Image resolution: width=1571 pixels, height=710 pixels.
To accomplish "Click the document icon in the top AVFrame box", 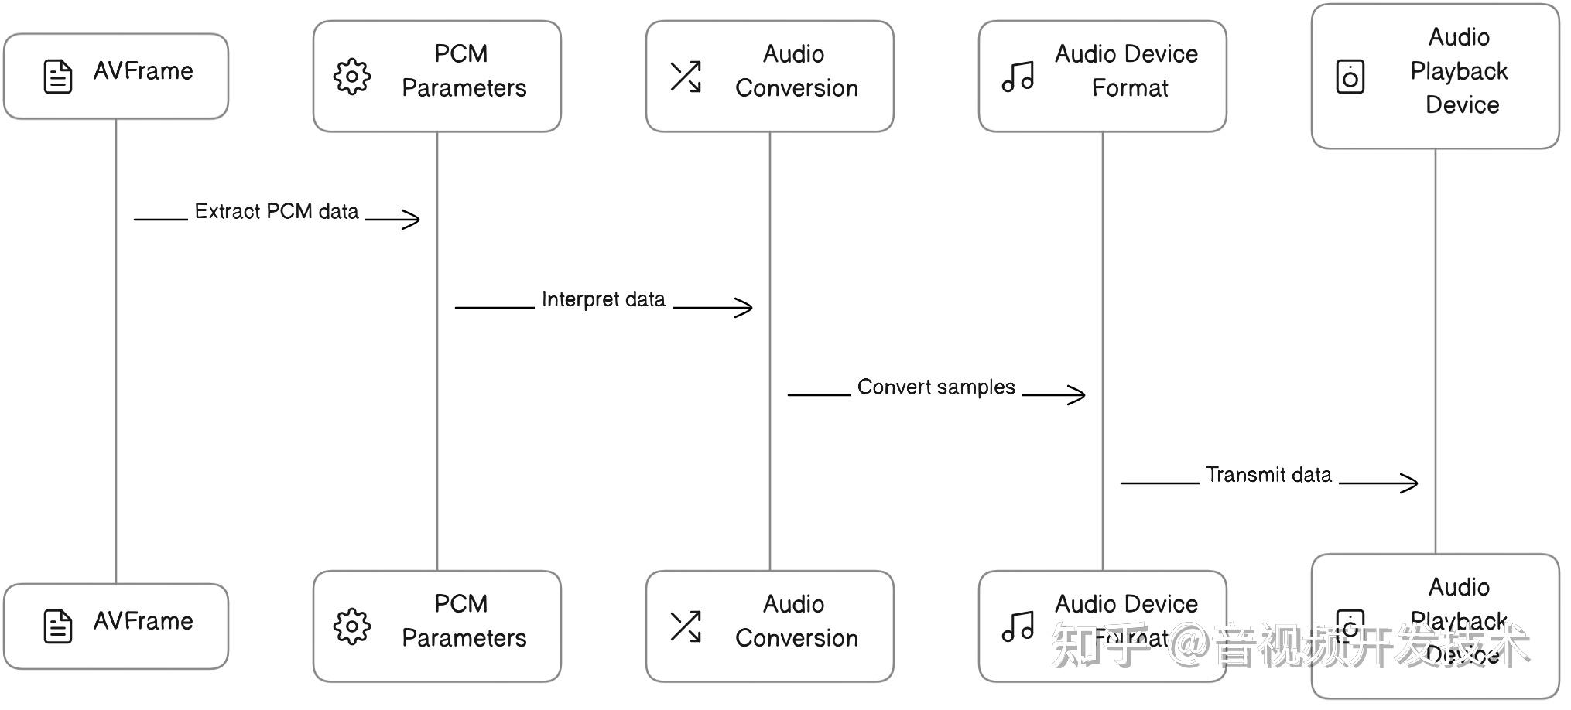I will [x=58, y=77].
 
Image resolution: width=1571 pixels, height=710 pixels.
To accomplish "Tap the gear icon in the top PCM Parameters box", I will [x=352, y=77].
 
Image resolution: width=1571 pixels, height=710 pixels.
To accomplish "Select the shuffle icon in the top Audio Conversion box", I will [x=686, y=77].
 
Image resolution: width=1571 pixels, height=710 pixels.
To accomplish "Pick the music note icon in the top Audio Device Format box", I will [x=1018, y=77].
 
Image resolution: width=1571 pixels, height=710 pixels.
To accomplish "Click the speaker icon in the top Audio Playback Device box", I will [x=1350, y=77].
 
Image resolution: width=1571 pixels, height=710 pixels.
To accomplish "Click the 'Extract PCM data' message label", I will [x=276, y=211].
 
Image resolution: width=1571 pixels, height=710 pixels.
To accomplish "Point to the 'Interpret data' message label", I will [x=603, y=299].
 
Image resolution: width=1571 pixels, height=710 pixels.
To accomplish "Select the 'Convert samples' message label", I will [x=936, y=387].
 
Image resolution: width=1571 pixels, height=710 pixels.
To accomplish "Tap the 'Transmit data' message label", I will [x=1268, y=474].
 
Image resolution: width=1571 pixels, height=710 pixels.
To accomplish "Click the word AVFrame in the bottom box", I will [x=143, y=621].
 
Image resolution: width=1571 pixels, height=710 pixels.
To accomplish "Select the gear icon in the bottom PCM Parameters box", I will [x=352, y=626].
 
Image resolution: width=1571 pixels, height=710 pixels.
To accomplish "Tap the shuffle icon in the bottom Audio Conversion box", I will [x=686, y=626].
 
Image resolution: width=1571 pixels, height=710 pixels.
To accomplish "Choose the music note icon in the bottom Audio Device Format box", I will [x=1018, y=626].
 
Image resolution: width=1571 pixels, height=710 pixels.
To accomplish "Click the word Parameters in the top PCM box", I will [x=464, y=88].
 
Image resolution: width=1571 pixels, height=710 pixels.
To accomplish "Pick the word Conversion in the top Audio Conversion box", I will [x=796, y=88].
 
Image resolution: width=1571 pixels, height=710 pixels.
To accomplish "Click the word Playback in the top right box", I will [x=1459, y=71].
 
